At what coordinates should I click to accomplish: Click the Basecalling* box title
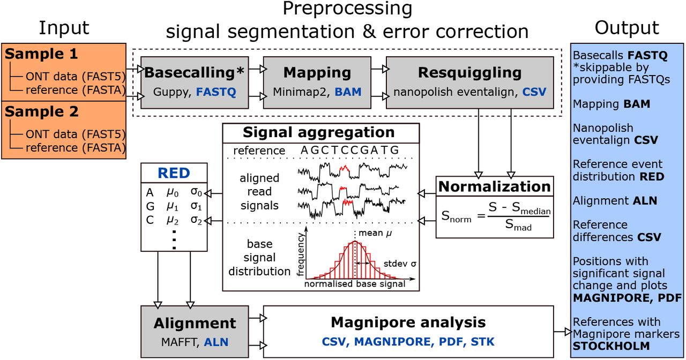pos(195,72)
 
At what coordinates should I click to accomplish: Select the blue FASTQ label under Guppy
pos(215,92)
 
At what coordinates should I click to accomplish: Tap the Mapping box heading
pos(317,72)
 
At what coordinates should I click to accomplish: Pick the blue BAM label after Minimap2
pos(348,92)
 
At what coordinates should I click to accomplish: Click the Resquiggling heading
pos(469,72)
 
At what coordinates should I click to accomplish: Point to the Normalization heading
pos(495,186)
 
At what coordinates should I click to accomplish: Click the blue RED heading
pos(174,173)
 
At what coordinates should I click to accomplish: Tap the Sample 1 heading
pos(41,54)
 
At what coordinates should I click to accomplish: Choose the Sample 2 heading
pos(41,112)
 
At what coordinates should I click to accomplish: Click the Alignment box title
pos(195,323)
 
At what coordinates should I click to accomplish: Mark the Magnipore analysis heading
pos(408,322)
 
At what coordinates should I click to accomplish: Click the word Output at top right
pos(627,28)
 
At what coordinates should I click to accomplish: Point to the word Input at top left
pos(64,28)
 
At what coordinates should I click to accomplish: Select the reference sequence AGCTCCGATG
pos(349,151)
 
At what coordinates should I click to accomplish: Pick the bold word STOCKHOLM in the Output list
pos(612,346)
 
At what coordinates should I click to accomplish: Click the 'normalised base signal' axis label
pos(355,284)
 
